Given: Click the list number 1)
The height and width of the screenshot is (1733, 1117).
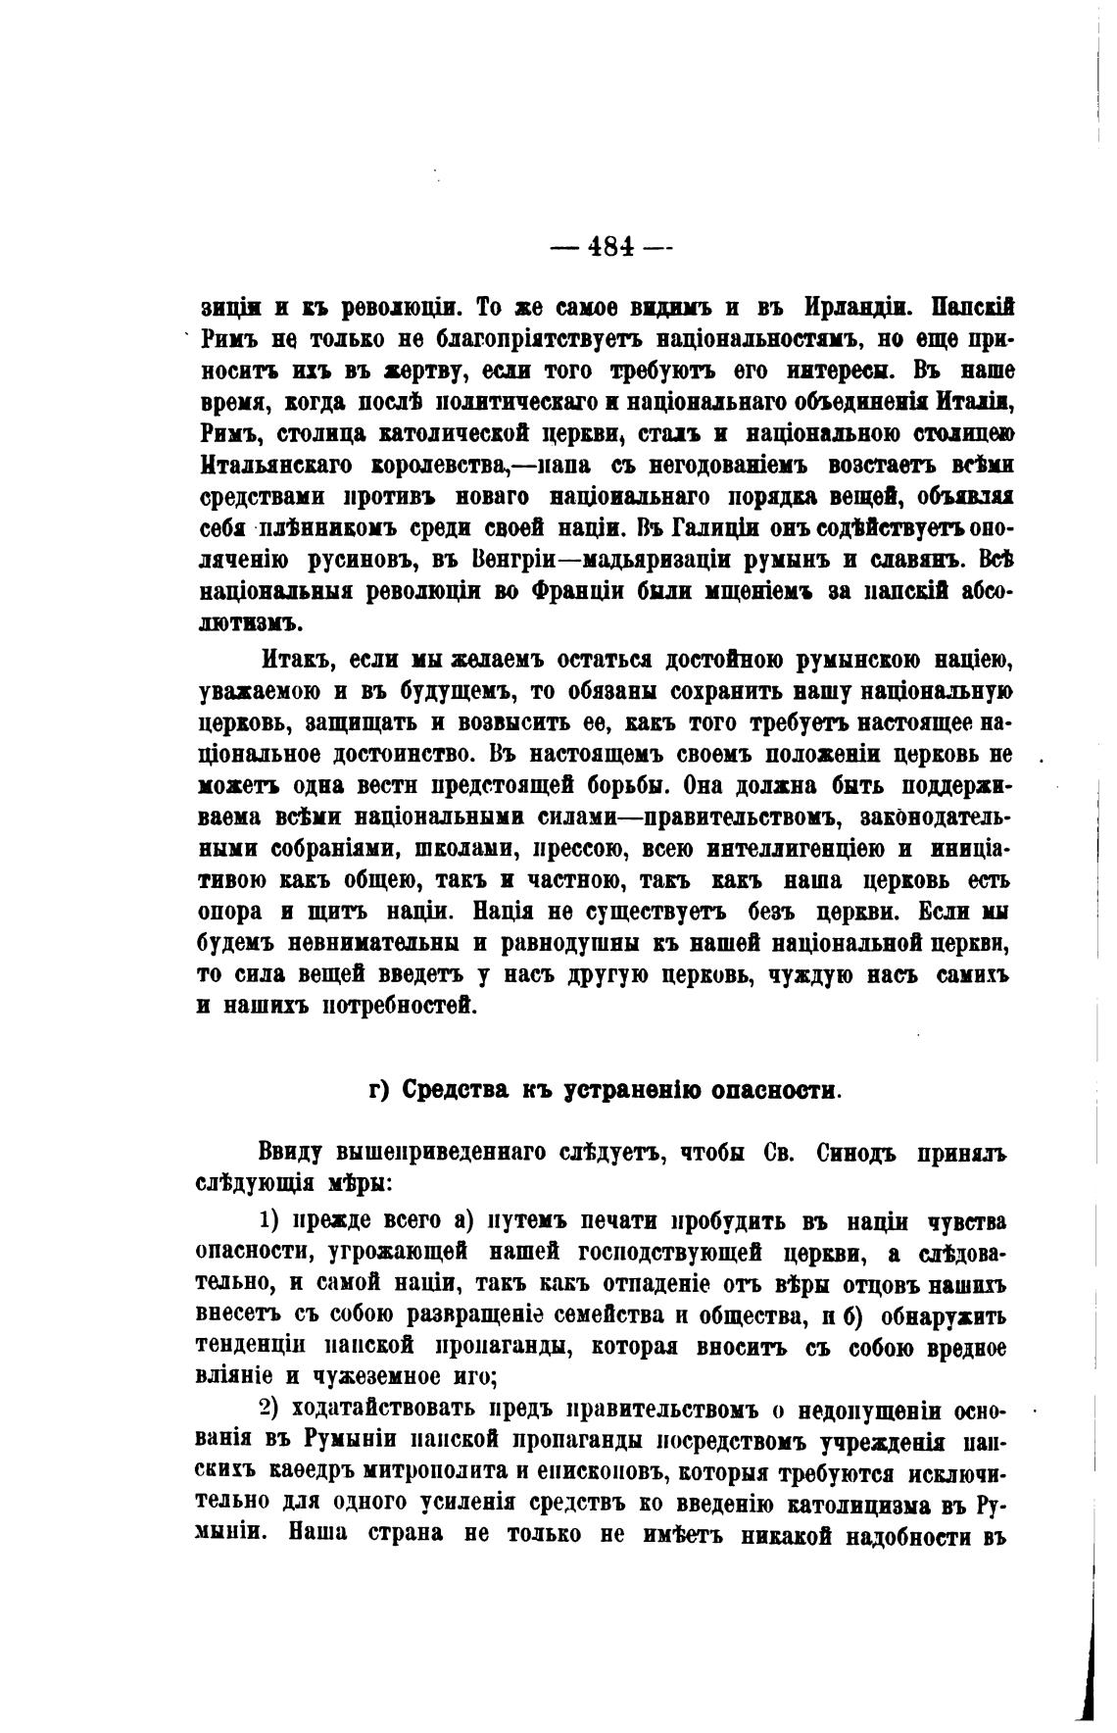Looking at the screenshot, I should click(x=271, y=1222).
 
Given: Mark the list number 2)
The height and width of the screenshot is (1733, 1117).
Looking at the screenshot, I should click(x=271, y=1410).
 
